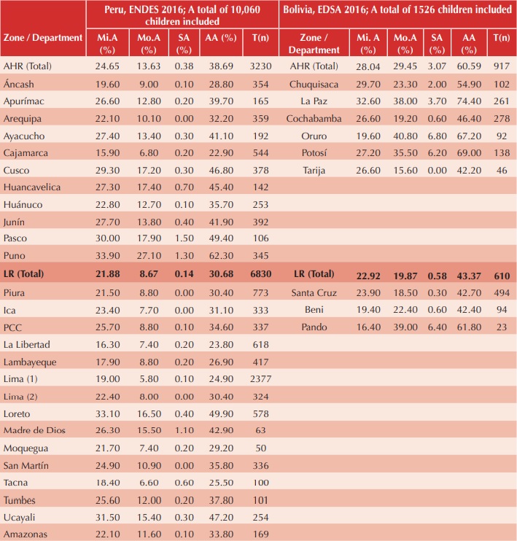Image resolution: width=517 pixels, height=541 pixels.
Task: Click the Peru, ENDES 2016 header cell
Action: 182,15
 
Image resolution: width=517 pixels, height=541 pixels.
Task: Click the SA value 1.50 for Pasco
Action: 184,239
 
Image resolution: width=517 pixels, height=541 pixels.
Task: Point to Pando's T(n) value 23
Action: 501,326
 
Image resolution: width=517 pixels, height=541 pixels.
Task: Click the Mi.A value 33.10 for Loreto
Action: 113,413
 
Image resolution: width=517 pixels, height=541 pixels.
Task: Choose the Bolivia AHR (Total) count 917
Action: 501,66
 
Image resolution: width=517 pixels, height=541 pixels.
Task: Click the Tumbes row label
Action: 22,499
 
